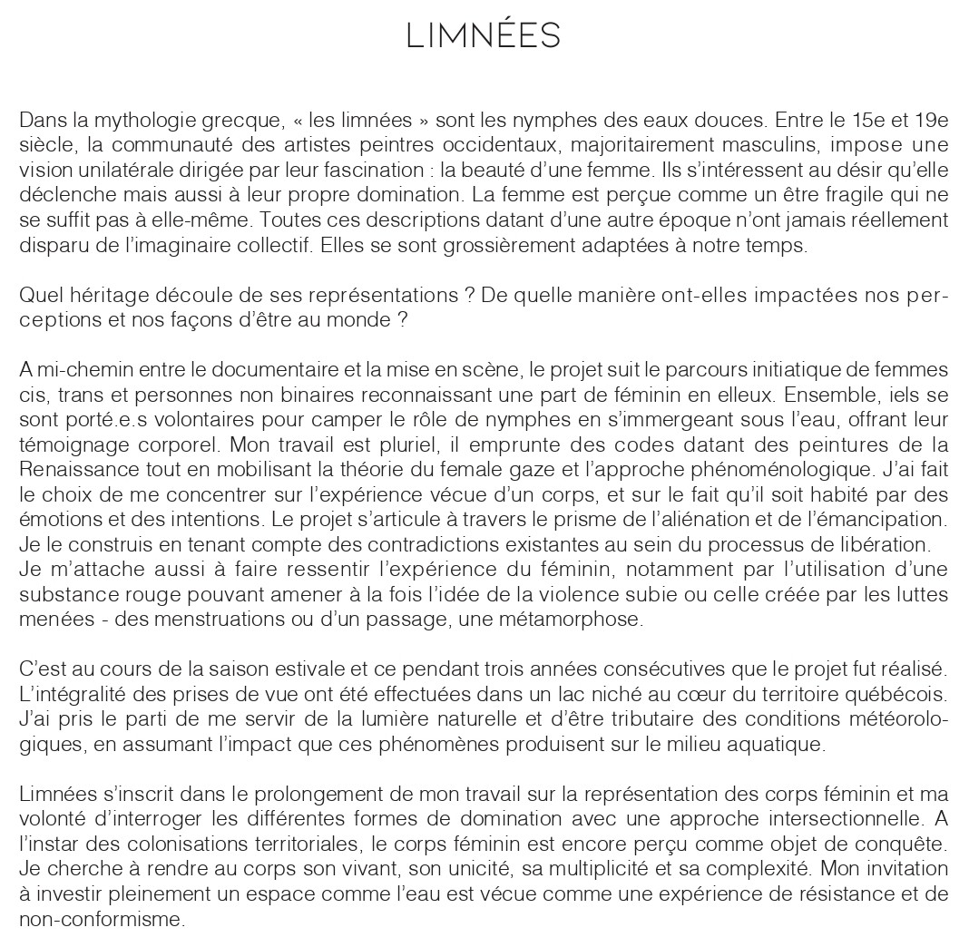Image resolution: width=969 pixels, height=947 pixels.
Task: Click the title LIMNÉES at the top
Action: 484,36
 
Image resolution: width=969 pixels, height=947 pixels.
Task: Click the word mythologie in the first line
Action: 148,120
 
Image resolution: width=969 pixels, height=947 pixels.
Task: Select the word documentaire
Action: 271,370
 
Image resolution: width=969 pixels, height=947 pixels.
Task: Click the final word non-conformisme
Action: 101,919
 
